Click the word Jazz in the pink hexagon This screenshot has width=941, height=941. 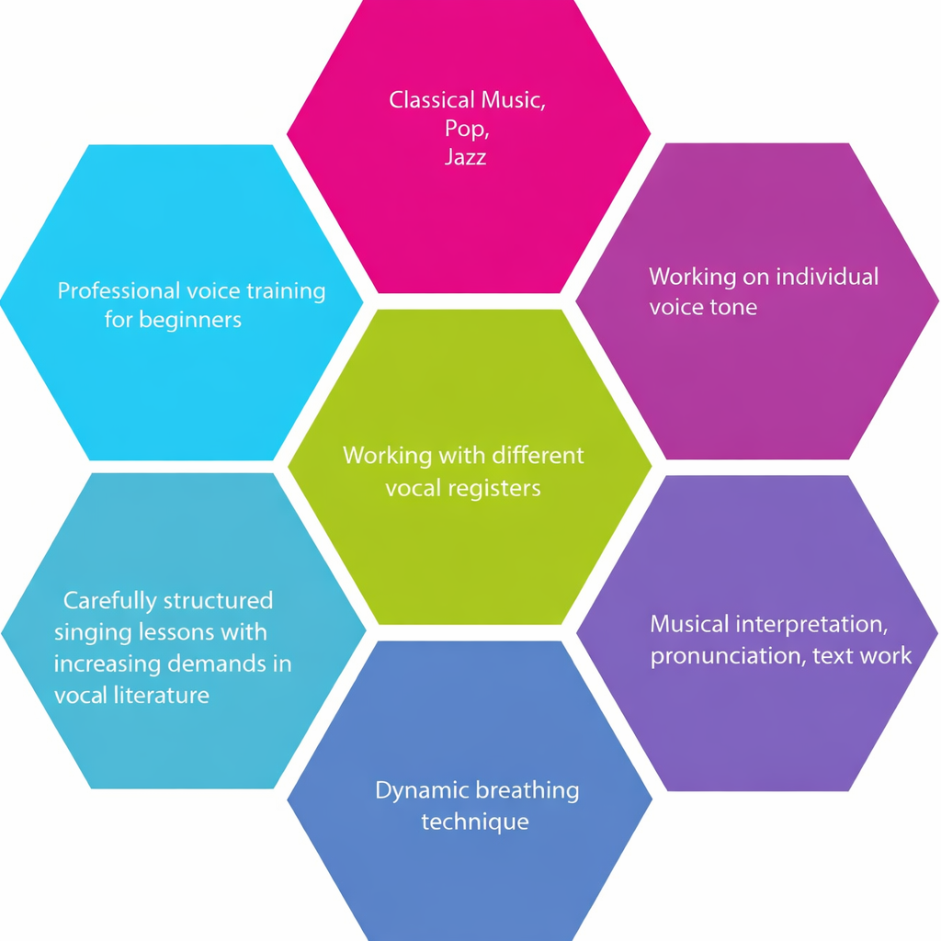pos(465,157)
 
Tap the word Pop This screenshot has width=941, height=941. pos(461,129)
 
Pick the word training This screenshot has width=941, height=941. pos(286,291)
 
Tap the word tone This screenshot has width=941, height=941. pos(733,307)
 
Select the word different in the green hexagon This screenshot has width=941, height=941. pos(538,455)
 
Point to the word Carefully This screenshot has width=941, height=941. pos(109,601)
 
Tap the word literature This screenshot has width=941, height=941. pos(153,695)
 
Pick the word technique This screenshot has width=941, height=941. pos(475,821)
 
